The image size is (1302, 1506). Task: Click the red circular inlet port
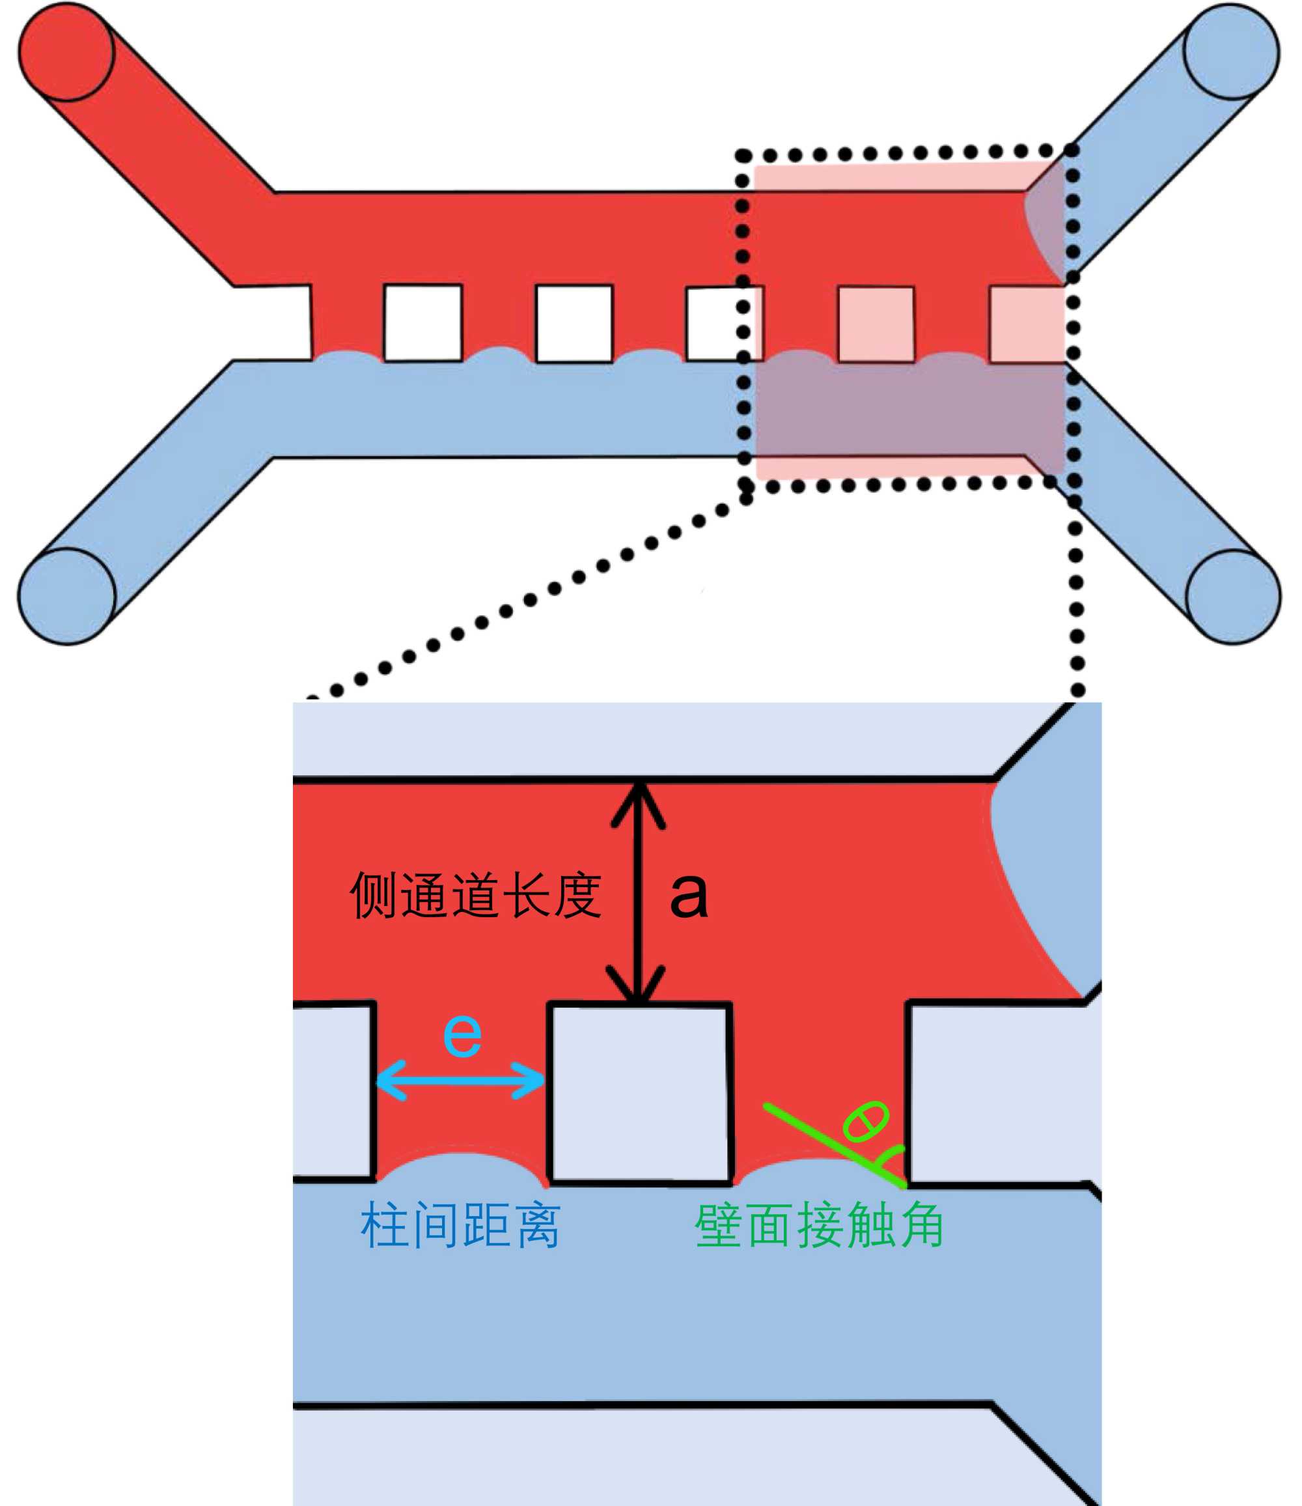pyautogui.click(x=66, y=51)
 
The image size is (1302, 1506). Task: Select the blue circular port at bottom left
pyautogui.click(x=66, y=596)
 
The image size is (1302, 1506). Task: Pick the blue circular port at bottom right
pyautogui.click(x=1233, y=597)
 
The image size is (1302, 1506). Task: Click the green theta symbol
pyautogui.click(x=865, y=1122)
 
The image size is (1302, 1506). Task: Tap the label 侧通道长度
pyautogui.click(x=476, y=896)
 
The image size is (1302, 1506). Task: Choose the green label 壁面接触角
pyautogui.click(x=819, y=1225)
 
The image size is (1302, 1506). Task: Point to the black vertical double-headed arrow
pyautogui.click(x=638, y=894)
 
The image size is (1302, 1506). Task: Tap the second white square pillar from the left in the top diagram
pyautogui.click(x=574, y=322)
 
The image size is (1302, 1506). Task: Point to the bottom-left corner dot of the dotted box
pyautogui.click(x=745, y=485)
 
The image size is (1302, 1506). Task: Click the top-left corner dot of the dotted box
pyautogui.click(x=743, y=156)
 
